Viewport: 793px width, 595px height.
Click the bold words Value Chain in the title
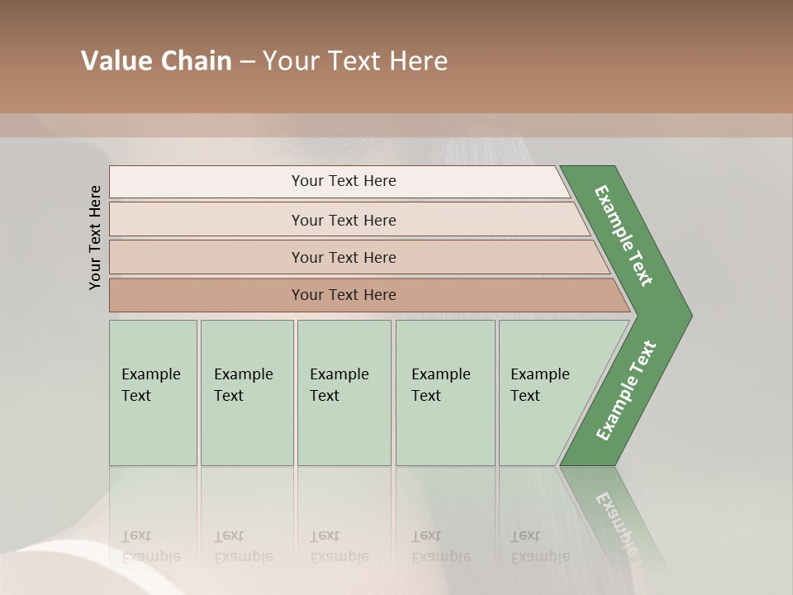pos(156,61)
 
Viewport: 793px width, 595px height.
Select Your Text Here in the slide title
pos(355,61)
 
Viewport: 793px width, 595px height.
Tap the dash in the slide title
pos(247,62)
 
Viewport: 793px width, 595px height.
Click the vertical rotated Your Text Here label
pos(95,237)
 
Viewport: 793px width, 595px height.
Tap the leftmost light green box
pos(153,393)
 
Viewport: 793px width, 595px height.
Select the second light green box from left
pos(247,393)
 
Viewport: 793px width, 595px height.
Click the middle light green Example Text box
pos(344,393)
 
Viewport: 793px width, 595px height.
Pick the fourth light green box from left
pos(445,393)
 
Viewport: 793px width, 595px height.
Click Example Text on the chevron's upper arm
pos(624,236)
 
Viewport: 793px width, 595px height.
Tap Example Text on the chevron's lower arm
pos(625,390)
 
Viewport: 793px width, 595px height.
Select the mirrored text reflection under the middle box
pos(339,546)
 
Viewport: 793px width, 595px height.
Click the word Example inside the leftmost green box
pos(150,374)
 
